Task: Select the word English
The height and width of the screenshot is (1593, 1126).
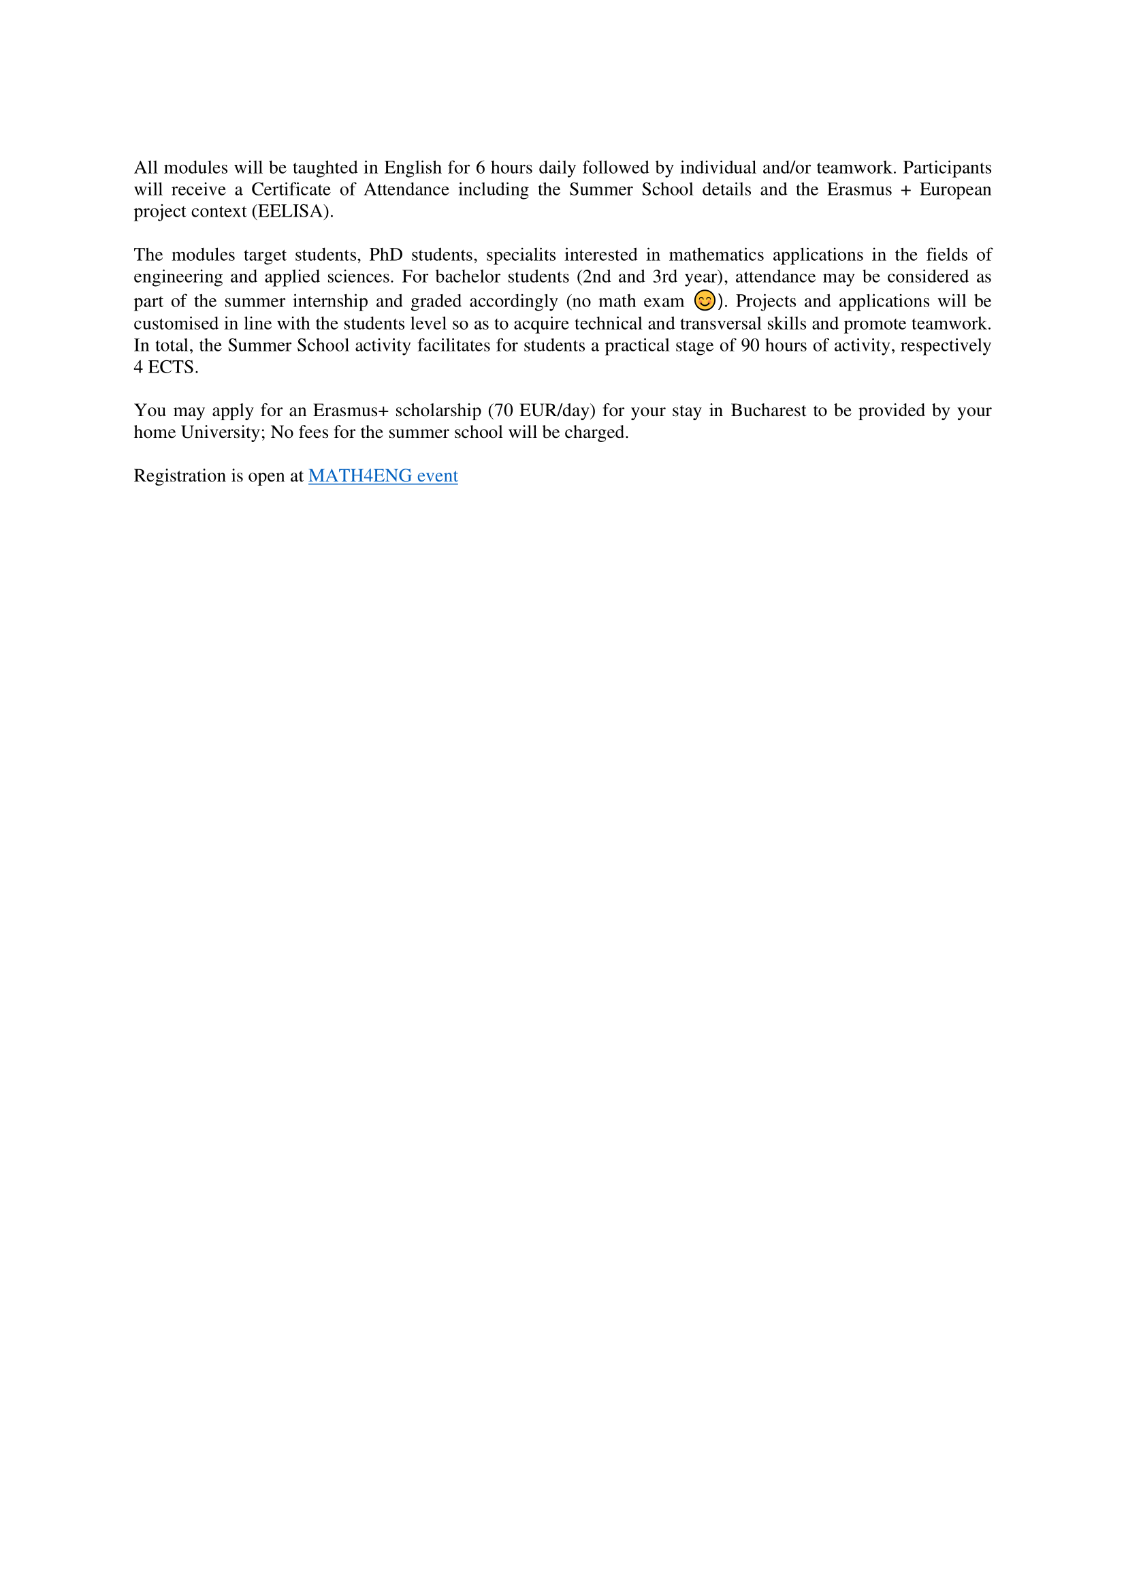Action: tap(413, 168)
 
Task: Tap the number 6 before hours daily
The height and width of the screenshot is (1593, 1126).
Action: tap(481, 168)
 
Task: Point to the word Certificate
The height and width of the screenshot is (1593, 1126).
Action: tap(291, 189)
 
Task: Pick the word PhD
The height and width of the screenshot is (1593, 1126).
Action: tap(385, 255)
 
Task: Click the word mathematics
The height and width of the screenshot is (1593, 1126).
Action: tap(716, 255)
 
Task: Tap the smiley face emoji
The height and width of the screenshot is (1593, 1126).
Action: tap(705, 300)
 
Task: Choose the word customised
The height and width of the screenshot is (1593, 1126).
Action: tap(176, 324)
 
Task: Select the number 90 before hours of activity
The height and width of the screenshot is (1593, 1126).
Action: tap(750, 345)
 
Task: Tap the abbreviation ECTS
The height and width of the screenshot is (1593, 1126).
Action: tap(173, 368)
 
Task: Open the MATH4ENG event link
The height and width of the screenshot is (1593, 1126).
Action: tap(383, 476)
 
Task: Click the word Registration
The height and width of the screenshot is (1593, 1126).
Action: tap(180, 476)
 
